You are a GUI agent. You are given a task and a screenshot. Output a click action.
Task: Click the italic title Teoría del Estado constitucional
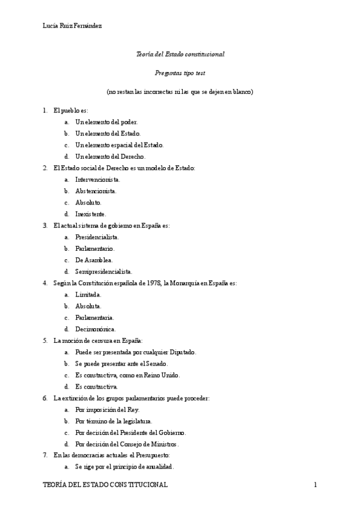pos(180,54)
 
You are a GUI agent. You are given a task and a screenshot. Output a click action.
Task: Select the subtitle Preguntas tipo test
pos(180,73)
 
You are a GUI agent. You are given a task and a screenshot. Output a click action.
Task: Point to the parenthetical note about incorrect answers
pos(180,91)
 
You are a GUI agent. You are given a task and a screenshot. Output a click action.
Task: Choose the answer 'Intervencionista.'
pos(97,179)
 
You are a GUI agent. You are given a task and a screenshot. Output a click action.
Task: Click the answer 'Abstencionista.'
pos(96,191)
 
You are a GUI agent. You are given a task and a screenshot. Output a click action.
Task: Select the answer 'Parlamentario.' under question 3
pos(95,248)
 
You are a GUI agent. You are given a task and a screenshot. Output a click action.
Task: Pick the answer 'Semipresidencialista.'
pos(103,271)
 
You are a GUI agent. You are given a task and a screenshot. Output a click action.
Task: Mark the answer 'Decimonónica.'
pos(96,329)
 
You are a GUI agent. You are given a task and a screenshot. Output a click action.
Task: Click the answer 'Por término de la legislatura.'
pos(114,421)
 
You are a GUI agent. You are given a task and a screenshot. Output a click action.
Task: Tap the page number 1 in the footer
pos(315,485)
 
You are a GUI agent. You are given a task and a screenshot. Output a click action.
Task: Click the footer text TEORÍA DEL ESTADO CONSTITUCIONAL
pos(106,485)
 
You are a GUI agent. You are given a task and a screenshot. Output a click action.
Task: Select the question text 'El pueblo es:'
pos(70,110)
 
